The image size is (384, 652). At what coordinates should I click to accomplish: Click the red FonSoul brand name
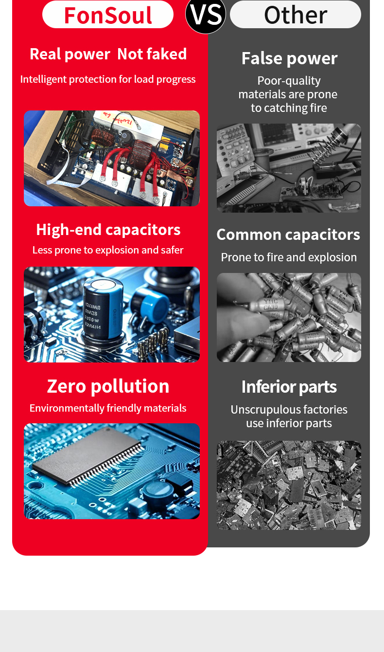coord(108,15)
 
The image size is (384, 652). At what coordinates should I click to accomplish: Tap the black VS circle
coord(206,15)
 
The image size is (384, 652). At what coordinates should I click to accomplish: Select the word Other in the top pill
coord(296,15)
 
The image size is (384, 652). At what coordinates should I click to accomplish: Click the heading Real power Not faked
coord(108,54)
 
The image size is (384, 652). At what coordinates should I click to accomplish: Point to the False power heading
coord(289,58)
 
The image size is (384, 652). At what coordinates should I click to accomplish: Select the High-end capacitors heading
coord(108,230)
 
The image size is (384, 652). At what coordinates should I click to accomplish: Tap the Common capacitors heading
coord(288,235)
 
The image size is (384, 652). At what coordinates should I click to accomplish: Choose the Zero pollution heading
coord(108,386)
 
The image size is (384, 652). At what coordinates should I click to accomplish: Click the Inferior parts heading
coord(289,387)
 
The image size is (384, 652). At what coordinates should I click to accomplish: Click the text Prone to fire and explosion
coord(289,257)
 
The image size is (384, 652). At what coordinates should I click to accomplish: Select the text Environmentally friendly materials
coord(108,408)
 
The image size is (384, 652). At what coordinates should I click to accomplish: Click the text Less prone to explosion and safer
coord(108,250)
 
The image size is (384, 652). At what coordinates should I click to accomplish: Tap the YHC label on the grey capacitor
coord(271,301)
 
